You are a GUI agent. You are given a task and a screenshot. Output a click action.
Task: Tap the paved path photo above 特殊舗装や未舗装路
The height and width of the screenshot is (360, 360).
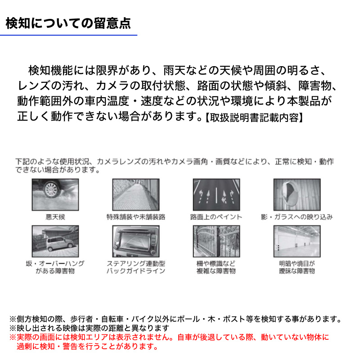(135, 194)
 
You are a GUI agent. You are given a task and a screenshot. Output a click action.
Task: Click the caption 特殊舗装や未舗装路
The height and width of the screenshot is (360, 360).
(135, 217)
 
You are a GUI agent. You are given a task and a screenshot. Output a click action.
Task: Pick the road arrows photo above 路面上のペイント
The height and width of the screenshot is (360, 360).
(216, 194)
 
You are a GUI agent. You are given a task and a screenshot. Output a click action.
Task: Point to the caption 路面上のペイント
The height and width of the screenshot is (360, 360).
(216, 217)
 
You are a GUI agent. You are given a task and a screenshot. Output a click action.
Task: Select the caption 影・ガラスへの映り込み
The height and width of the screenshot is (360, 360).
(297, 217)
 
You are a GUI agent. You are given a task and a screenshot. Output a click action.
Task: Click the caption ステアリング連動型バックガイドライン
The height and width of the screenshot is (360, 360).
(135, 267)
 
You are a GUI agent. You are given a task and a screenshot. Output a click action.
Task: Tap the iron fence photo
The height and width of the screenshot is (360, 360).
(216, 241)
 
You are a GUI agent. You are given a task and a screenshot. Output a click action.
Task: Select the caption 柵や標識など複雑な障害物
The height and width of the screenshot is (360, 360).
(216, 267)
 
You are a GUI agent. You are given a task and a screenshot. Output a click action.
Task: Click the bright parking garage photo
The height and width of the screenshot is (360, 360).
(297, 241)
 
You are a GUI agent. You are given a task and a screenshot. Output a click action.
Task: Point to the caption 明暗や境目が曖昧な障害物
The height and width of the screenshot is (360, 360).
(297, 267)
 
